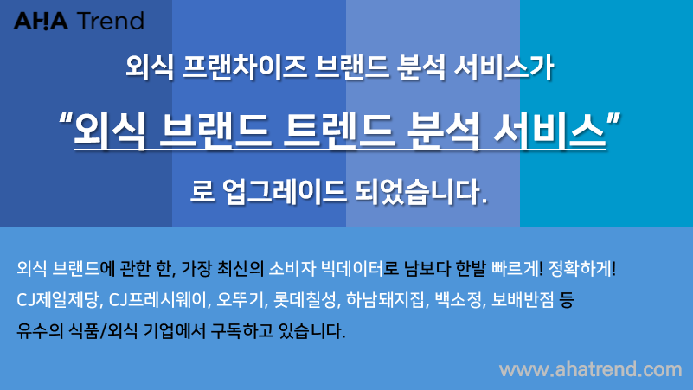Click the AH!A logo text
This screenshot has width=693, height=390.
[41, 22]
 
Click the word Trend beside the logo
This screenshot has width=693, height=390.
[111, 22]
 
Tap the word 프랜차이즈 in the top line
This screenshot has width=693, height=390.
[244, 68]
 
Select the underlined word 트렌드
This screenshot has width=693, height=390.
[339, 130]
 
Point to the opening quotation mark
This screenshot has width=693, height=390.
[66, 120]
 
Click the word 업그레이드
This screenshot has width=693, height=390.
[284, 192]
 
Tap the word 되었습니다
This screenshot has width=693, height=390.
[421, 192]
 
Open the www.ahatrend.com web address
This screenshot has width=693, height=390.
[590, 369]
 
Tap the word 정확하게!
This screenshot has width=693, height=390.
[582, 269]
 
